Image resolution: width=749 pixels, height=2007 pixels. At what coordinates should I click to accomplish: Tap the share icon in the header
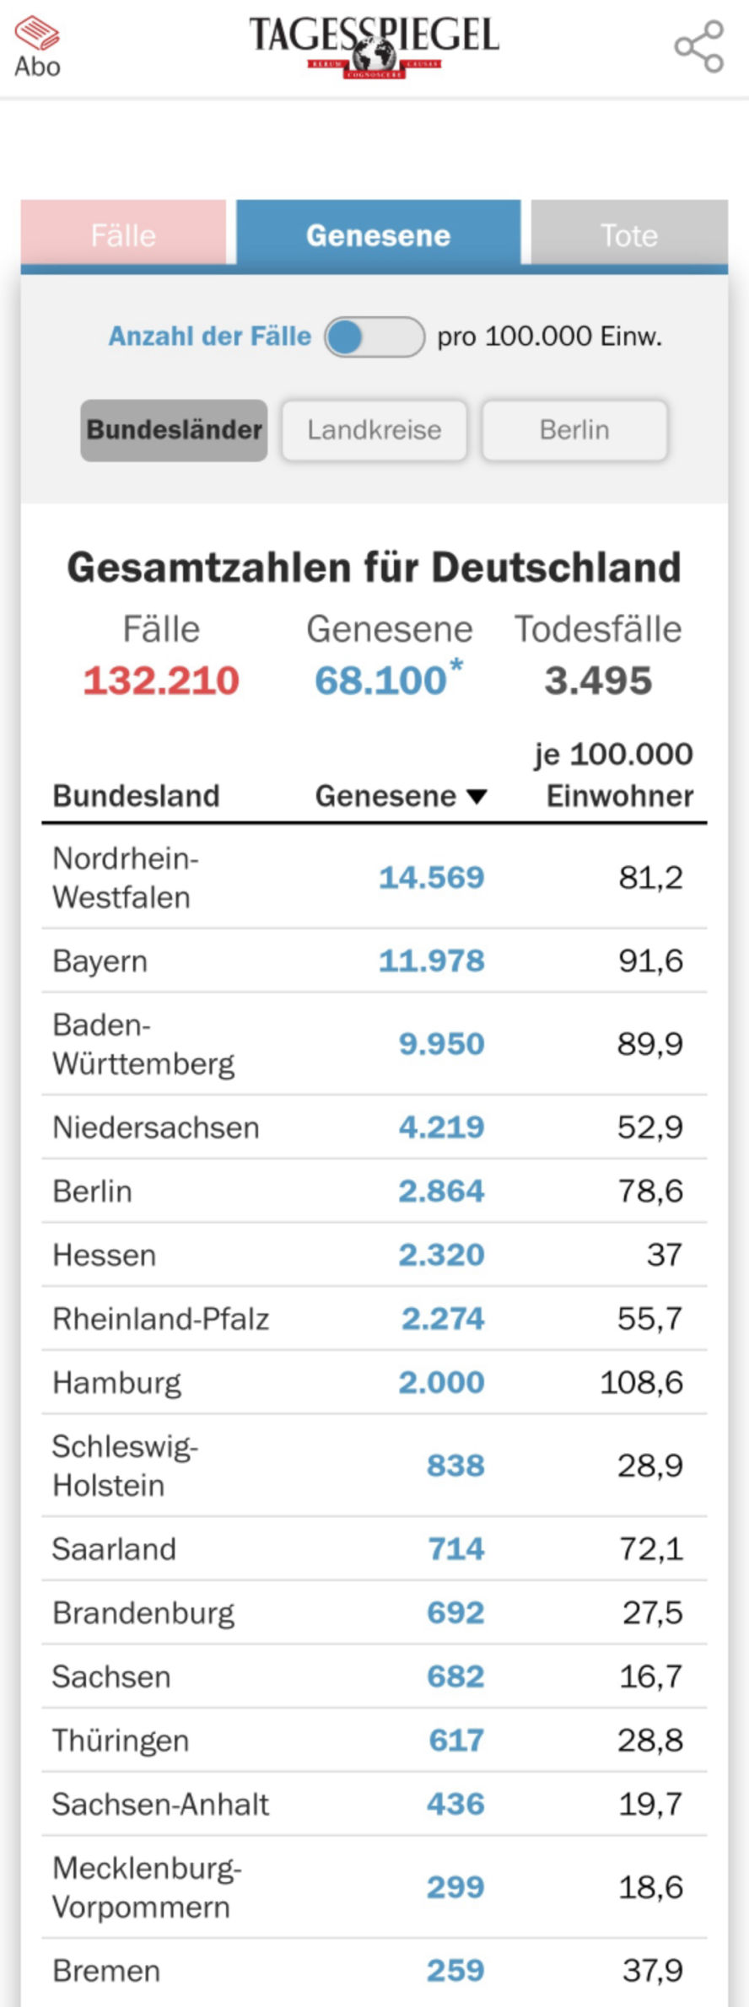pyautogui.click(x=699, y=46)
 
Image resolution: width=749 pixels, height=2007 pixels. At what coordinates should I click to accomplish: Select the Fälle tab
pyautogui.click(x=123, y=234)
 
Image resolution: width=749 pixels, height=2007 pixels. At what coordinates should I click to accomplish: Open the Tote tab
pyautogui.click(x=628, y=234)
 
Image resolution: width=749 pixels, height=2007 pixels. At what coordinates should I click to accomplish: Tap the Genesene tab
pyautogui.click(x=378, y=234)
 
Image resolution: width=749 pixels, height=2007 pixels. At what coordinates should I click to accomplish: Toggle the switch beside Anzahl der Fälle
pyautogui.click(x=374, y=337)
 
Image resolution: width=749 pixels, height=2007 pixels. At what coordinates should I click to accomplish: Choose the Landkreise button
pyautogui.click(x=374, y=430)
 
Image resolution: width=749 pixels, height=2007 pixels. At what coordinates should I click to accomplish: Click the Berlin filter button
pyautogui.click(x=574, y=430)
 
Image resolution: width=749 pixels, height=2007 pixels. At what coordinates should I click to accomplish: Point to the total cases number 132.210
pyautogui.click(x=161, y=681)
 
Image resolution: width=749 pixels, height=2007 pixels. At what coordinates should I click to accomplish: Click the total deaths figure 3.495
pyautogui.click(x=598, y=681)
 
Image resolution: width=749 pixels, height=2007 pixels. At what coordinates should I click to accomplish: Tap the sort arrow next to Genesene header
pyautogui.click(x=477, y=796)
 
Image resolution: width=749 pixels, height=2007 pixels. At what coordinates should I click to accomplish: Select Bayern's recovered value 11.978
pyautogui.click(x=431, y=960)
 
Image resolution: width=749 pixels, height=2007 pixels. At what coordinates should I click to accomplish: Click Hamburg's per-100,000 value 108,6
pyautogui.click(x=641, y=1382)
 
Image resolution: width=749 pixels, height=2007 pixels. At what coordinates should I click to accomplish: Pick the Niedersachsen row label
pyautogui.click(x=156, y=1127)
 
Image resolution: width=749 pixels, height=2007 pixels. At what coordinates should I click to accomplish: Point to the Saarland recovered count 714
pyautogui.click(x=455, y=1548)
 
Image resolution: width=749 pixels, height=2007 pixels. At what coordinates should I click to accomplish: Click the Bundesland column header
pyautogui.click(x=136, y=795)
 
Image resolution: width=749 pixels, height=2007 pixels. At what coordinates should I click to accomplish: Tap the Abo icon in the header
pyautogui.click(x=37, y=47)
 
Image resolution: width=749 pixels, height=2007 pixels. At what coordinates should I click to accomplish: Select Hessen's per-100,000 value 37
pyautogui.click(x=664, y=1255)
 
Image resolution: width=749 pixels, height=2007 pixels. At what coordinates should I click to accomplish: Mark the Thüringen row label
pyautogui.click(x=121, y=1740)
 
